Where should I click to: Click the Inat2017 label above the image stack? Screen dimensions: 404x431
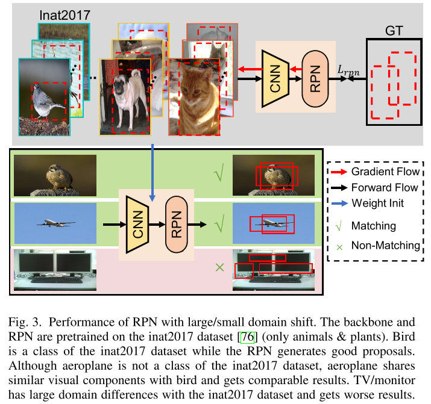tap(66, 13)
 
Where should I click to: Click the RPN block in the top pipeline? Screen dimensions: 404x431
tap(313, 73)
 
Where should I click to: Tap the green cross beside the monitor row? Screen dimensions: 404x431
tap(221, 266)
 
